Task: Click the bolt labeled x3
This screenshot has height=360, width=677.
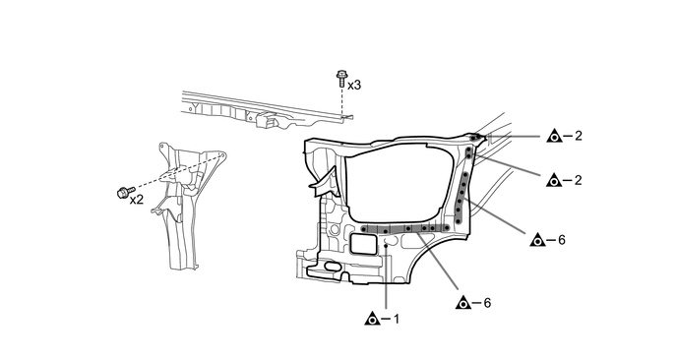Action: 341,80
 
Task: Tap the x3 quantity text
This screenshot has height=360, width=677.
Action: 354,86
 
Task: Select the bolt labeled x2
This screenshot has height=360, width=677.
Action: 126,192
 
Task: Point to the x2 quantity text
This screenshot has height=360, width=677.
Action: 137,200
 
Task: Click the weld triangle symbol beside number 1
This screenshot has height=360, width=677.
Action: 371,319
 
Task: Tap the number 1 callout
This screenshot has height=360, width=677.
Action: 397,319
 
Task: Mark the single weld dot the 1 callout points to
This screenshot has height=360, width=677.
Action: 386,246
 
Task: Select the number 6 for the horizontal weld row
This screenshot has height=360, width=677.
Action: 487,303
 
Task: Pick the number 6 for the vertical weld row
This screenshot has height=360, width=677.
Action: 561,240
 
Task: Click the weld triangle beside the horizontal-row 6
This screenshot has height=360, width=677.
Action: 462,303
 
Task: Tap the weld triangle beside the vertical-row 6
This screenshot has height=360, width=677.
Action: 537,240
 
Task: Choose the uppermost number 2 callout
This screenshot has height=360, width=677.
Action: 579,136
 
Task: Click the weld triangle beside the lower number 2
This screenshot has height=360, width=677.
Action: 554,180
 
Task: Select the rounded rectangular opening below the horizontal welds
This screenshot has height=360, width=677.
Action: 363,244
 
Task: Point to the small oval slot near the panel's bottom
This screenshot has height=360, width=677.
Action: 332,267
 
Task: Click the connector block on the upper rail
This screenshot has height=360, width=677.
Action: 267,120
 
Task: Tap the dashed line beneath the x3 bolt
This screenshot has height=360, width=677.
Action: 342,102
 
